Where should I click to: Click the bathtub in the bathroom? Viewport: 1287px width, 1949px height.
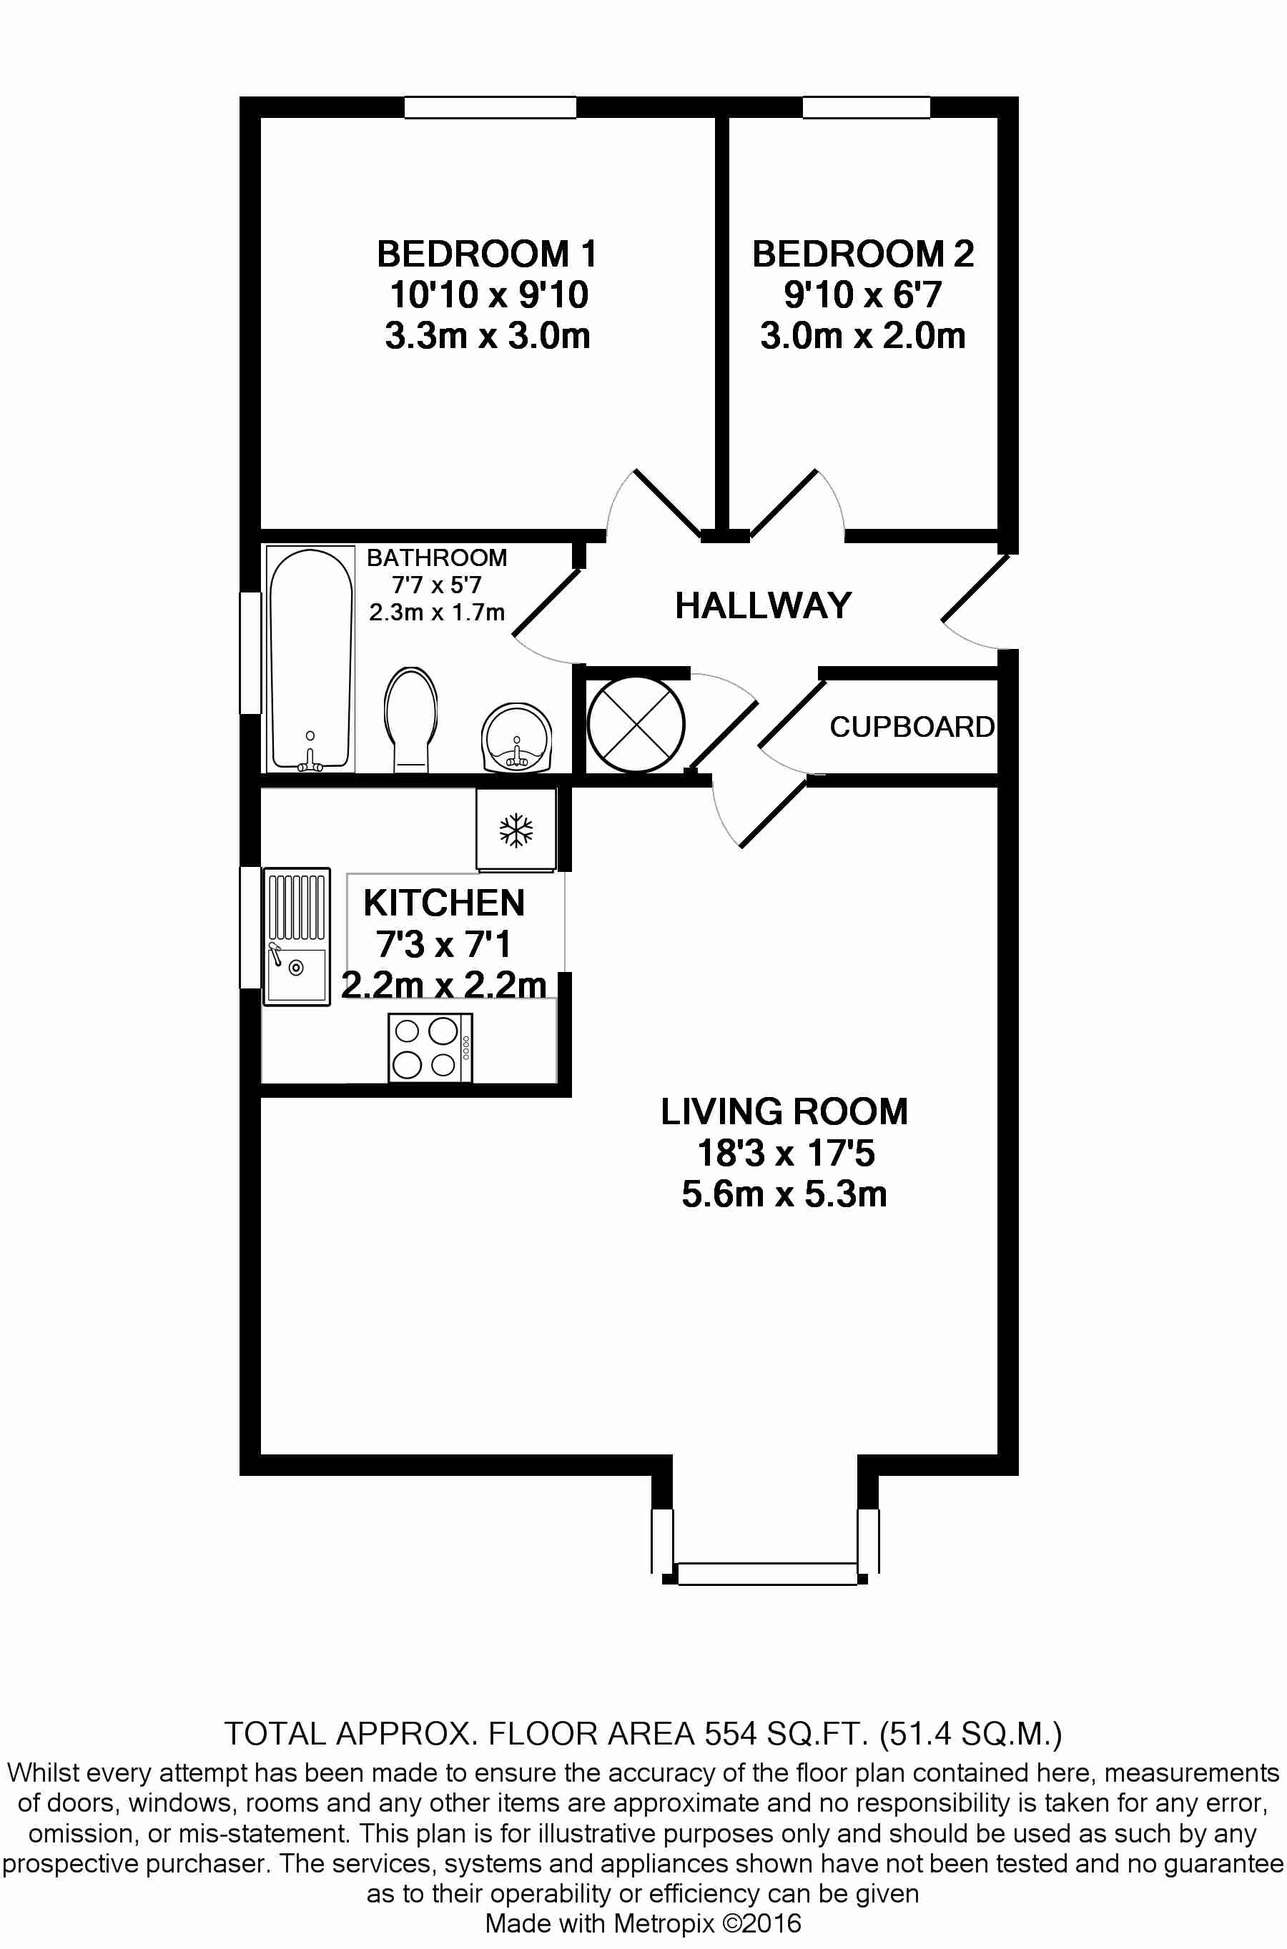coord(310,660)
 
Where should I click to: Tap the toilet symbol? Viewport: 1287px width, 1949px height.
coord(410,718)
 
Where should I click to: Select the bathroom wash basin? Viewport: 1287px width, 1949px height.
coord(516,738)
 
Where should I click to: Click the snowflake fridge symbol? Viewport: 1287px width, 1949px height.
coord(516,830)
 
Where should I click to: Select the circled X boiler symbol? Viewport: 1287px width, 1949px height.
coord(636,723)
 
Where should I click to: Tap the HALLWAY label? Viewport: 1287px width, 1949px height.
coord(764,605)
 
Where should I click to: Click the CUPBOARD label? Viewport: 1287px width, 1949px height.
coord(912,727)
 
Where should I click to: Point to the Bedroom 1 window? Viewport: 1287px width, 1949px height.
coord(490,107)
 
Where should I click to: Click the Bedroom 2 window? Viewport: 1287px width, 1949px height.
coord(866,107)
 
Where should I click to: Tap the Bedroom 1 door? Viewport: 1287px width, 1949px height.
coord(666,502)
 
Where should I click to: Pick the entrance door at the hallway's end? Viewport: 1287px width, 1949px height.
coord(975,588)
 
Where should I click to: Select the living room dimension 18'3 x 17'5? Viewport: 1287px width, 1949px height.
coord(786,1153)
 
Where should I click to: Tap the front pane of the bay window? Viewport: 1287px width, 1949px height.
coord(766,1573)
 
